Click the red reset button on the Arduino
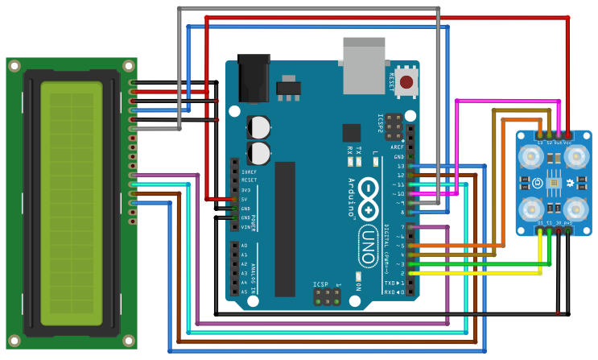coord(410,81)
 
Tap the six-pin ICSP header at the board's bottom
coord(326,297)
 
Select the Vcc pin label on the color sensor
coord(568,142)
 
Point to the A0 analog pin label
coord(245,246)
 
